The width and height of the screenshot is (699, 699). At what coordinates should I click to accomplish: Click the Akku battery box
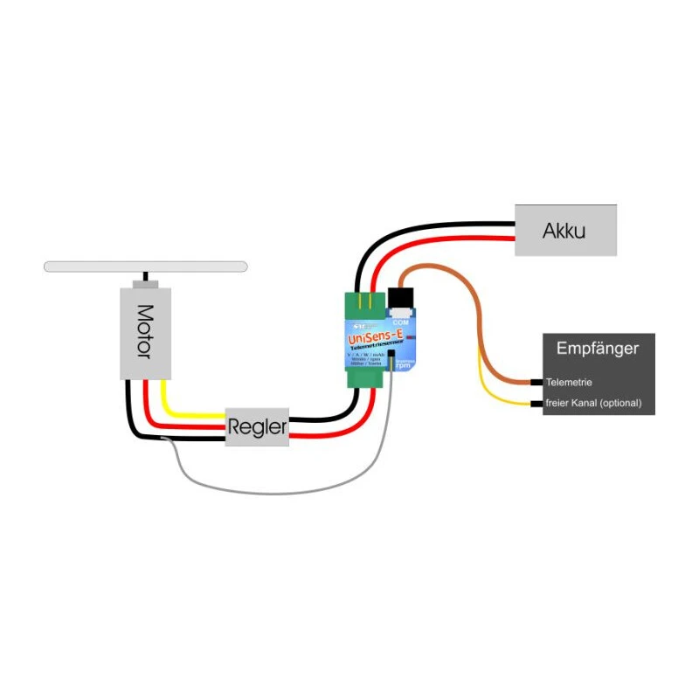click(x=565, y=231)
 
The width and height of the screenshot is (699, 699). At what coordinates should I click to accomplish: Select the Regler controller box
click(x=257, y=427)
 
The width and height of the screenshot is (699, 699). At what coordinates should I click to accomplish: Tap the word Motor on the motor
click(x=145, y=331)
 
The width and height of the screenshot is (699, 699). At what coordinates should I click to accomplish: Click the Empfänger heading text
click(x=598, y=349)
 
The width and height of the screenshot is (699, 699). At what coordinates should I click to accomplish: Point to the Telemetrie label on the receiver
click(x=569, y=383)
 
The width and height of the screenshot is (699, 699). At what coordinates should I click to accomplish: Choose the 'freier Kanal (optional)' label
click(x=593, y=404)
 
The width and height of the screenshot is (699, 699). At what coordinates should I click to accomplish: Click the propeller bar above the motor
click(x=146, y=266)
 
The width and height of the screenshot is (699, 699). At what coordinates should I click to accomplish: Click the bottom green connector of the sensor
click(x=365, y=377)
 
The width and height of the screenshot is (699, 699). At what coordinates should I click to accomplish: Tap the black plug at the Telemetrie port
click(x=536, y=383)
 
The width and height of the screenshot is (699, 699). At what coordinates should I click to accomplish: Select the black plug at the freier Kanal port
click(x=536, y=404)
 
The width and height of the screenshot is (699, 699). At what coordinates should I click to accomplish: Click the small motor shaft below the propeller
click(x=145, y=284)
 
